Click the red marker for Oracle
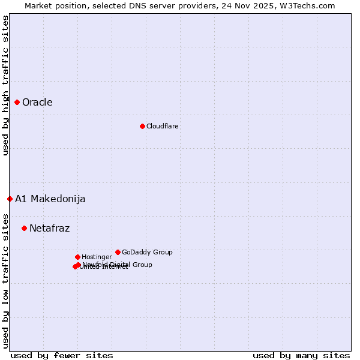pyautogui.click(x=17, y=102)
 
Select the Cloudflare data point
pyautogui.click(x=142, y=126)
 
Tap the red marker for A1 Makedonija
pyautogui.click(x=10, y=199)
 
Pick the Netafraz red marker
pyautogui.click(x=24, y=228)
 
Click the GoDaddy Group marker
pyautogui.click(x=118, y=252)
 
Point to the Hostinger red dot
pyautogui.click(x=77, y=257)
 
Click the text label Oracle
pyautogui.click(x=37, y=102)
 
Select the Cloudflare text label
pyautogui.click(x=162, y=126)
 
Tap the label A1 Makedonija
pyautogui.click(x=50, y=199)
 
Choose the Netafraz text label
pyautogui.click(x=49, y=228)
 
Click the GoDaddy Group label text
pyautogui.click(x=147, y=252)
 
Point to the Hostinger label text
pyautogui.click(x=97, y=257)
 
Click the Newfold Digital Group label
pyautogui.click(x=117, y=265)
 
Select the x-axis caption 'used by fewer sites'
pyautogui.click(x=62, y=355)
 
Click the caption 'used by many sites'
pyautogui.click(x=301, y=355)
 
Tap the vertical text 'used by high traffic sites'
pyautogui.click(x=5, y=85)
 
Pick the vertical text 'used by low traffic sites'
pyautogui.click(x=5, y=280)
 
